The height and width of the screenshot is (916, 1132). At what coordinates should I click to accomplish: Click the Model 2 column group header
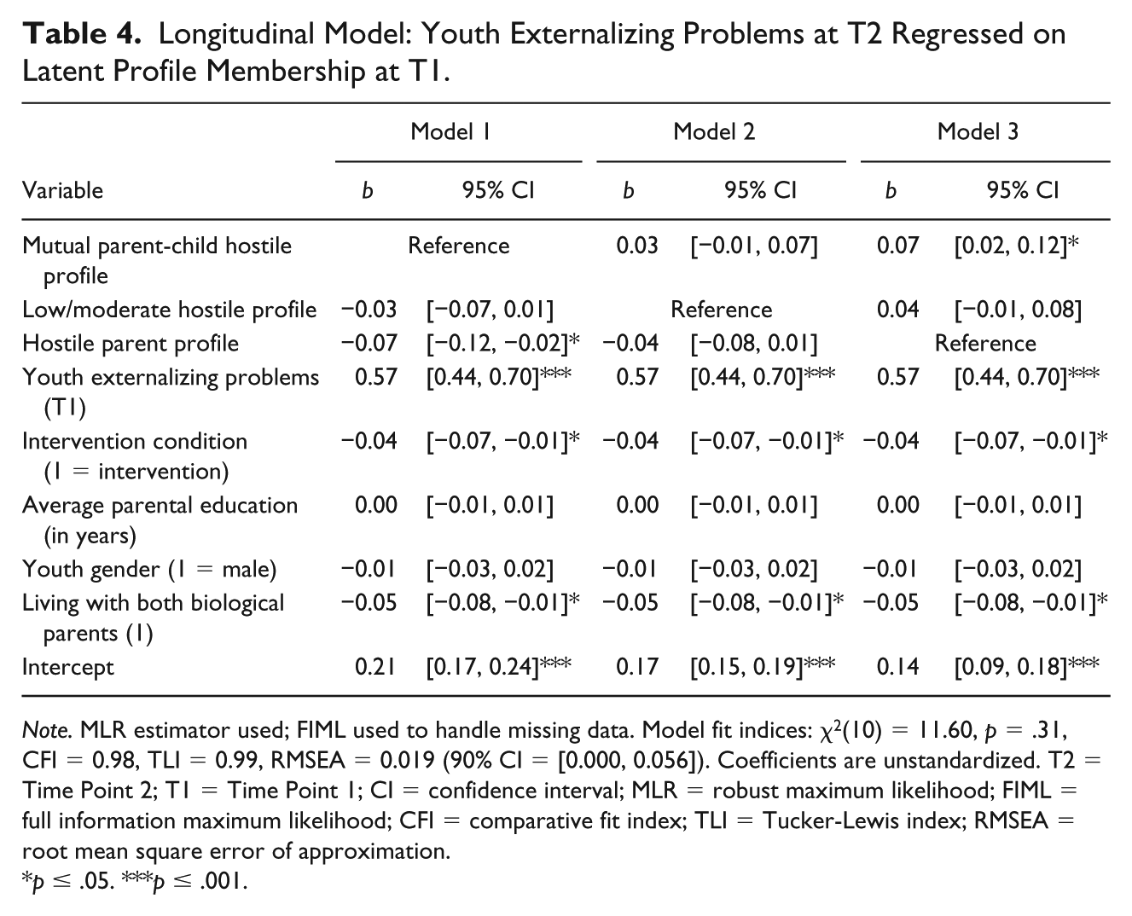pyautogui.click(x=714, y=131)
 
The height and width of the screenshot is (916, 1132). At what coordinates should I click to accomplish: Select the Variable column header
pyautogui.click(x=63, y=190)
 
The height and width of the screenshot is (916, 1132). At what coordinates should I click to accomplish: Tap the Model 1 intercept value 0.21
pyautogui.click(x=375, y=666)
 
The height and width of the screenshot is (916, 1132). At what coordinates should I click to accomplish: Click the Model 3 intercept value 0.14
pyautogui.click(x=897, y=666)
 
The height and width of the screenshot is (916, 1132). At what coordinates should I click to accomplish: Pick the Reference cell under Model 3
pyautogui.click(x=985, y=343)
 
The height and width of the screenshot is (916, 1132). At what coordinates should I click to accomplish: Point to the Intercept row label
pyautogui.click(x=68, y=667)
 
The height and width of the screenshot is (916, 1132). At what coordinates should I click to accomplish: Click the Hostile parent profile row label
pyautogui.click(x=131, y=344)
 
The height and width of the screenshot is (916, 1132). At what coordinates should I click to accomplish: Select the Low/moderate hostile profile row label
pyautogui.click(x=169, y=310)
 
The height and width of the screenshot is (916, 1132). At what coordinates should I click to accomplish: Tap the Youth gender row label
pyautogui.click(x=149, y=570)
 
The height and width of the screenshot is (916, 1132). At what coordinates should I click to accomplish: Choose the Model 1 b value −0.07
pyautogui.click(x=369, y=343)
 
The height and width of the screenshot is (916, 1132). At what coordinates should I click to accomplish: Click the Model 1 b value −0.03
pyautogui.click(x=369, y=310)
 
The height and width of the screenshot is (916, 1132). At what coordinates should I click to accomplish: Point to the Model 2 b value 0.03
pyautogui.click(x=637, y=246)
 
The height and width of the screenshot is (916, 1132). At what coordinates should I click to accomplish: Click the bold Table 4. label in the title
pyautogui.click(x=82, y=33)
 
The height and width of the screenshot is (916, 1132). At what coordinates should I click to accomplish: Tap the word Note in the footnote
pyautogui.click(x=47, y=731)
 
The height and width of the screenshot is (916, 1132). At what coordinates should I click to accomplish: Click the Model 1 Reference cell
pyautogui.click(x=459, y=246)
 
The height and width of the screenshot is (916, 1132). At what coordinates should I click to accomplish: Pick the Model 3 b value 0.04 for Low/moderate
pyautogui.click(x=897, y=310)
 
